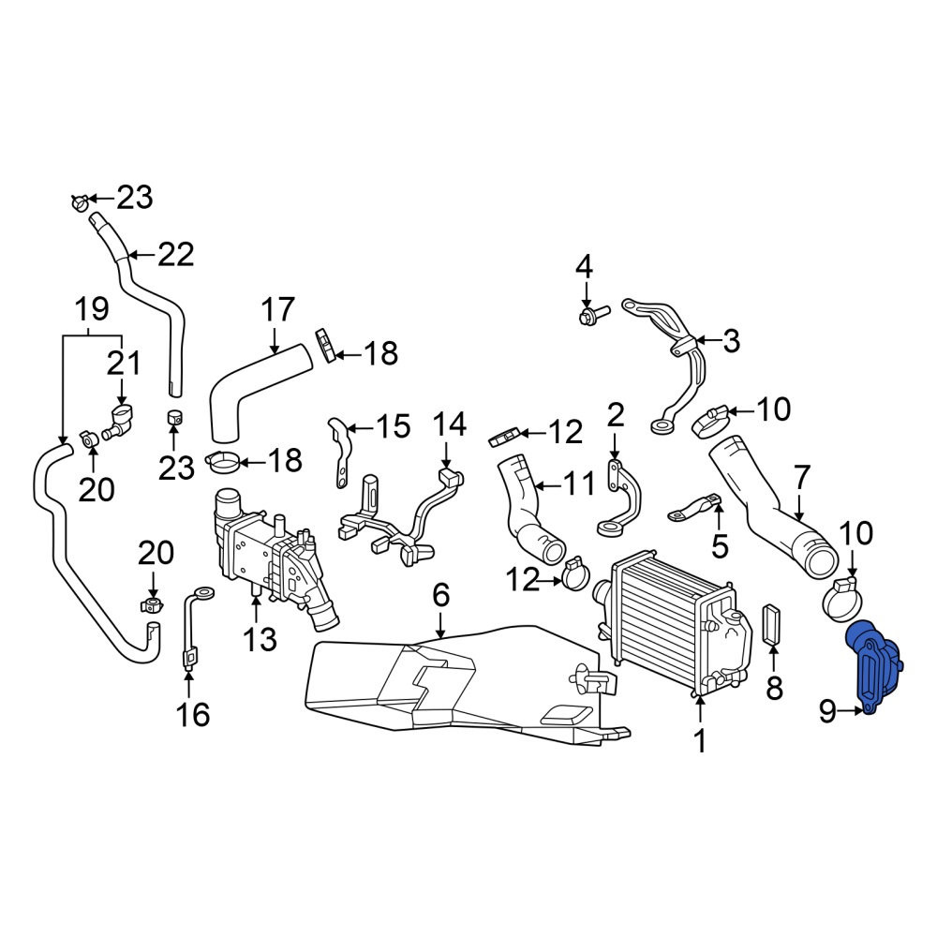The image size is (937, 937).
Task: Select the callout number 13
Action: pyautogui.click(x=260, y=639)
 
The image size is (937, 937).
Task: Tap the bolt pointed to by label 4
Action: pyautogui.click(x=594, y=314)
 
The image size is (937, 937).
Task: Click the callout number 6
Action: pyautogui.click(x=440, y=595)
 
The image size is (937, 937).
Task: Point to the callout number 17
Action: pyautogui.click(x=278, y=309)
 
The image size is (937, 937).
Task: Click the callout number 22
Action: pyautogui.click(x=176, y=255)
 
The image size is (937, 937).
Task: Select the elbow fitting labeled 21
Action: pyautogui.click(x=119, y=420)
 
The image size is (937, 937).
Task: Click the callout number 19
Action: pyautogui.click(x=92, y=309)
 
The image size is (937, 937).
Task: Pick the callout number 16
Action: pyautogui.click(x=193, y=714)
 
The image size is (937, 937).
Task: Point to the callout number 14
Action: pyautogui.click(x=449, y=424)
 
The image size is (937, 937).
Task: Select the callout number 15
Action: pyautogui.click(x=392, y=426)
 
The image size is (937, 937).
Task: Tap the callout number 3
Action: pyautogui.click(x=732, y=341)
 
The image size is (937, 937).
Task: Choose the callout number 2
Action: pyautogui.click(x=616, y=414)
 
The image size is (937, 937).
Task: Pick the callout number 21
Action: pyautogui.click(x=124, y=363)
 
